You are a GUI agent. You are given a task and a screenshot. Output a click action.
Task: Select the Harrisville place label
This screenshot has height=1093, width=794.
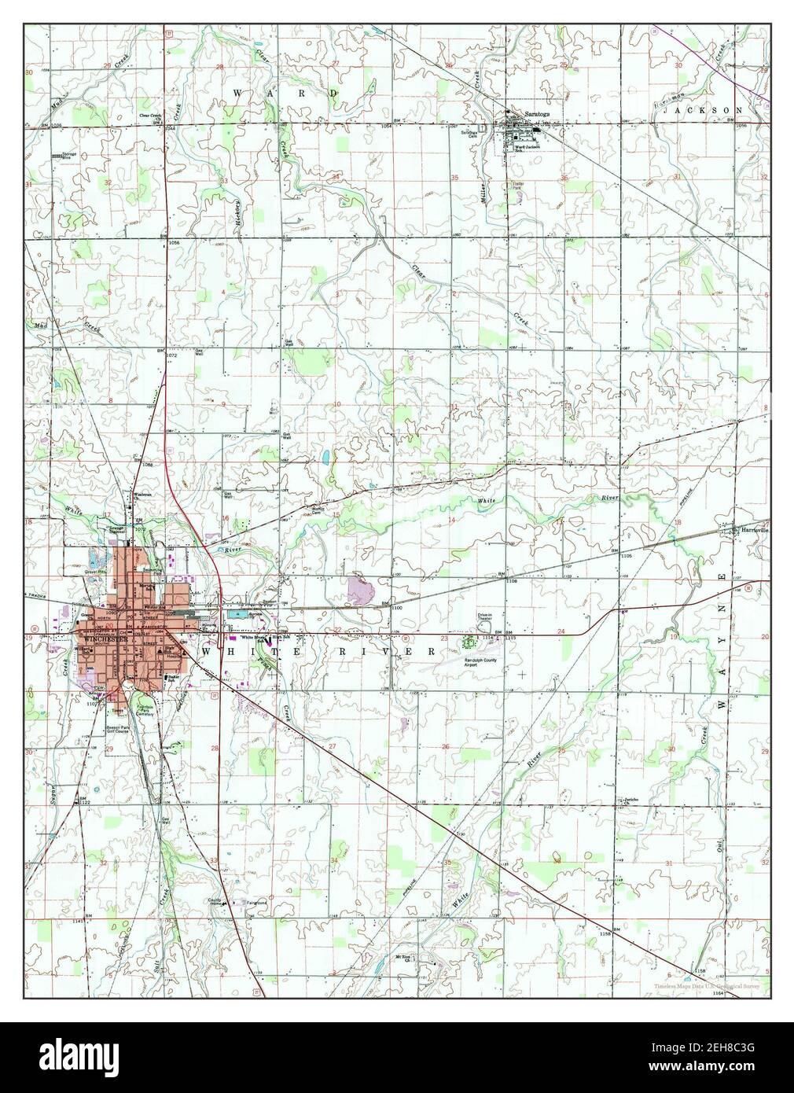752,530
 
